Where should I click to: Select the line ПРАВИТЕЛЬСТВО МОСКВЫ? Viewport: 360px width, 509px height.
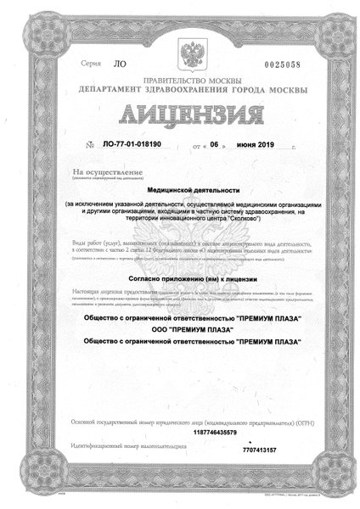180,80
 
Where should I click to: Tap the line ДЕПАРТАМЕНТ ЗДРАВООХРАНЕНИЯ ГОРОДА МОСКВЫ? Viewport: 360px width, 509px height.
180,88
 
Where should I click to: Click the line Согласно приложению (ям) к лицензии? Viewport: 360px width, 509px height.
179,278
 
